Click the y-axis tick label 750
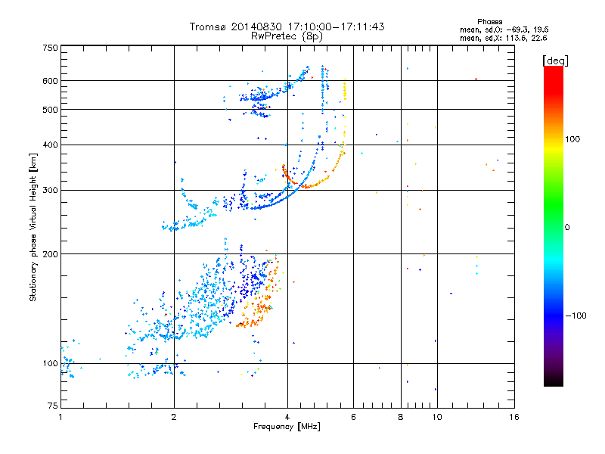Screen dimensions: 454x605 click(x=49, y=47)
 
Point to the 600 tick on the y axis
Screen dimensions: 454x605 click(x=49, y=81)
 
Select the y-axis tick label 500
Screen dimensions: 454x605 click(x=49, y=110)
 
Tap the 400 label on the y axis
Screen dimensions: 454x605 click(x=49, y=145)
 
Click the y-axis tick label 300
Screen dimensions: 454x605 click(x=49, y=190)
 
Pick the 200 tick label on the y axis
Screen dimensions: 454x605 click(x=49, y=254)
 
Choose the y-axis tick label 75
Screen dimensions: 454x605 click(x=51, y=407)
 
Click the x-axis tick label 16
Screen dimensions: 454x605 click(x=513, y=417)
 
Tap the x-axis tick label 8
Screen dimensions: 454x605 click(x=401, y=417)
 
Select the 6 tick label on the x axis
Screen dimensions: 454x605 click(x=353, y=417)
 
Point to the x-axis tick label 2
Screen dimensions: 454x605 click(x=174, y=417)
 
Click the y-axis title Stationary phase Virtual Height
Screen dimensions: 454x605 click(x=33, y=227)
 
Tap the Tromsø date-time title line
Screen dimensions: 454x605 click(x=287, y=26)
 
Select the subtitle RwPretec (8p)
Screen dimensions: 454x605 click(x=287, y=36)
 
